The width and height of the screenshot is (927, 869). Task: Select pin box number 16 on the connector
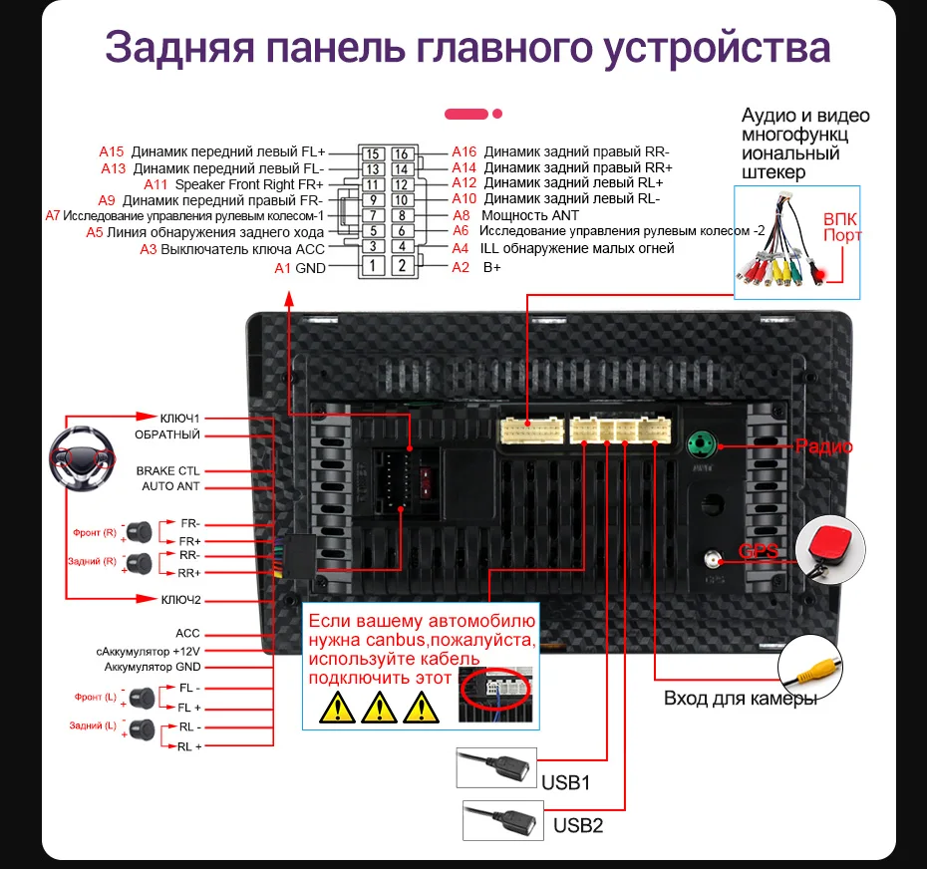pos(402,153)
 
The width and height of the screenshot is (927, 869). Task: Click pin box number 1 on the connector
pos(371,265)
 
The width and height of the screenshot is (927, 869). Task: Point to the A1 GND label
pos(300,268)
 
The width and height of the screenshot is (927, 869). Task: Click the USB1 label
pos(566,782)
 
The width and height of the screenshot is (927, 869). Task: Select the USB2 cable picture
pos(503,820)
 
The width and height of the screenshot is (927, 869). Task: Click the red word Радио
pos(823,446)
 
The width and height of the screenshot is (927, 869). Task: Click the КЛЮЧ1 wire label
pos(180,418)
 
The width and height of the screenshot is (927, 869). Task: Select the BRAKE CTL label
pos(167,470)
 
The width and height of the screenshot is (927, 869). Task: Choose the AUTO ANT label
pos(170,486)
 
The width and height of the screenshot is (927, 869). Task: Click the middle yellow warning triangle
pos(380,708)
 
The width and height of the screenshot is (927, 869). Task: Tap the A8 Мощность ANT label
pos(515,215)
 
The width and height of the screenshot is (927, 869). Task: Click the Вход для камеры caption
pos(741,698)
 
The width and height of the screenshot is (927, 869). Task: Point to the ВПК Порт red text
pos(841,227)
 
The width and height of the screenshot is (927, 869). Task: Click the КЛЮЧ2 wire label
pos(180,600)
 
